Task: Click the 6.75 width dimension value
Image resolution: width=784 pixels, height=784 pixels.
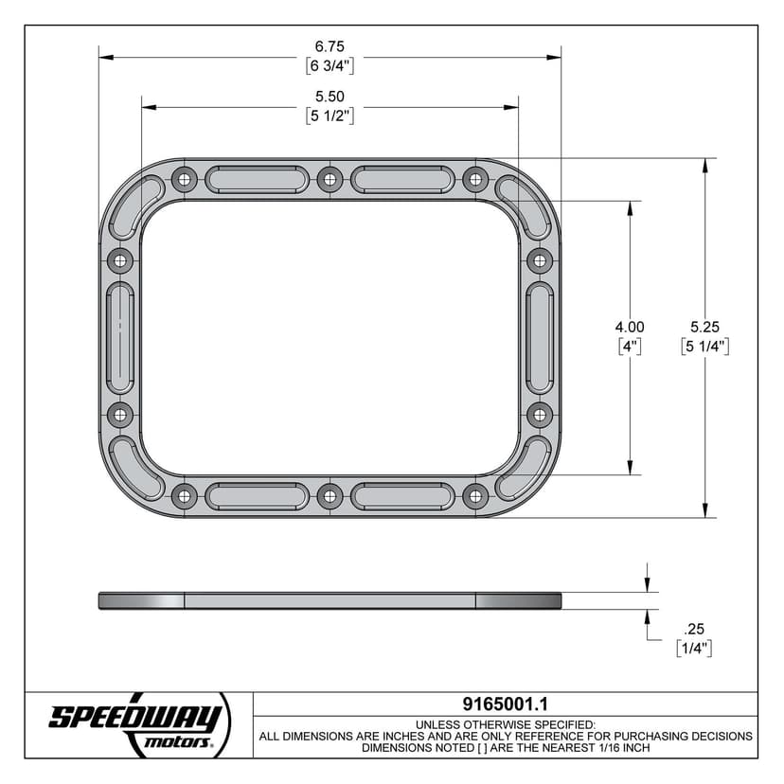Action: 330,46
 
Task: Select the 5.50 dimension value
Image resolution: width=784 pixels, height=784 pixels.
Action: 330,97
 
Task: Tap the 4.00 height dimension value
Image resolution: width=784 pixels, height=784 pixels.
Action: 630,327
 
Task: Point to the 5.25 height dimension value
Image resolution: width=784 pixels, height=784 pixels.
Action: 704,327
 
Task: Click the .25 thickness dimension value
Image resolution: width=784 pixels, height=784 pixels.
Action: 694,629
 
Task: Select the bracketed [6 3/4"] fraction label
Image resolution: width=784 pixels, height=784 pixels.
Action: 330,66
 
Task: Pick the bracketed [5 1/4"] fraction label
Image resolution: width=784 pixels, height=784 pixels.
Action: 704,347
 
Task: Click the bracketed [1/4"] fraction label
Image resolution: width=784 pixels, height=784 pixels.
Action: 694,649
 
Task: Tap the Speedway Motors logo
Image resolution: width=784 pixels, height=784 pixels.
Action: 138,724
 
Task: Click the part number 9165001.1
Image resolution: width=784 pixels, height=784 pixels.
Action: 505,704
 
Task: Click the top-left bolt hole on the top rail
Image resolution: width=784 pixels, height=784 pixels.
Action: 185,178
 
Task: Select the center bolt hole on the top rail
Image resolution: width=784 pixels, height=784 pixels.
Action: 330,178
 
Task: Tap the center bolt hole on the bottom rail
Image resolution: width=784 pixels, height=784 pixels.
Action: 330,495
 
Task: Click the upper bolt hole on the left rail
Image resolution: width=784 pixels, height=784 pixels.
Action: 120,259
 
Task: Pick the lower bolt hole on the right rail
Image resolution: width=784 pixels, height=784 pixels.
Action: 539,414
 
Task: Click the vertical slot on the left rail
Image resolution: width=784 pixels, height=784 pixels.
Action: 121,337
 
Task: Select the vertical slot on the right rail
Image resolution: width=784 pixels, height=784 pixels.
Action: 539,337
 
